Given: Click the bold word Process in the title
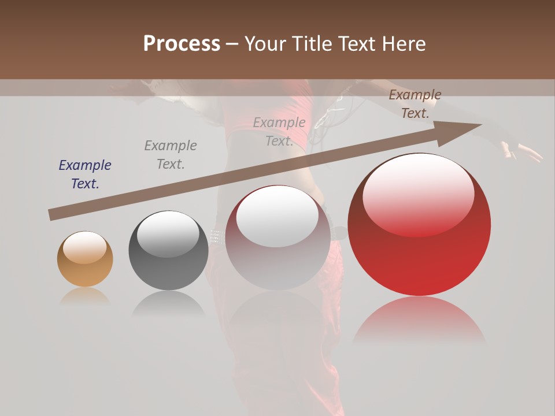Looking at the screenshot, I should pyautogui.click(x=182, y=43).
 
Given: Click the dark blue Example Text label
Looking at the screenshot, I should pyautogui.click(x=85, y=174).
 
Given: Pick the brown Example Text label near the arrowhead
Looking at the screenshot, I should pyautogui.click(x=415, y=104).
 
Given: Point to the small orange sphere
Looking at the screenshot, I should pyautogui.click(x=85, y=259).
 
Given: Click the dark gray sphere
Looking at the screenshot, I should pyautogui.click(x=168, y=250).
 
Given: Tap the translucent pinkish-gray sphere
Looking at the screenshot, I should pyautogui.click(x=277, y=237).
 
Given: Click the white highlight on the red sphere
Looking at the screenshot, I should pyautogui.click(x=419, y=195).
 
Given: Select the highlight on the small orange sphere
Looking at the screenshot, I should pyautogui.click(x=84, y=247).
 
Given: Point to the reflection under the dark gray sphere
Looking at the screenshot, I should pyautogui.click(x=168, y=303).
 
